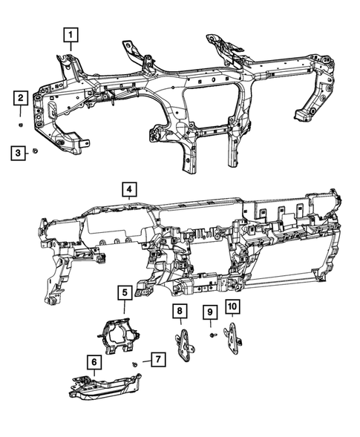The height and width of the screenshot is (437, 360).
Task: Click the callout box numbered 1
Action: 70,33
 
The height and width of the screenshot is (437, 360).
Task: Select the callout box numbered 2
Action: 21,98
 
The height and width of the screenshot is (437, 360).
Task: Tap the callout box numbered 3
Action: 16,153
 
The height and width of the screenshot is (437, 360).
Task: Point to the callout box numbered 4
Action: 129,191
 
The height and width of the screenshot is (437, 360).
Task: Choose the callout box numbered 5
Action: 124,292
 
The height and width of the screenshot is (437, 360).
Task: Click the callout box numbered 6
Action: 95,362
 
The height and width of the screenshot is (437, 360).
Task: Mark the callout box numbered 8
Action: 179,310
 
